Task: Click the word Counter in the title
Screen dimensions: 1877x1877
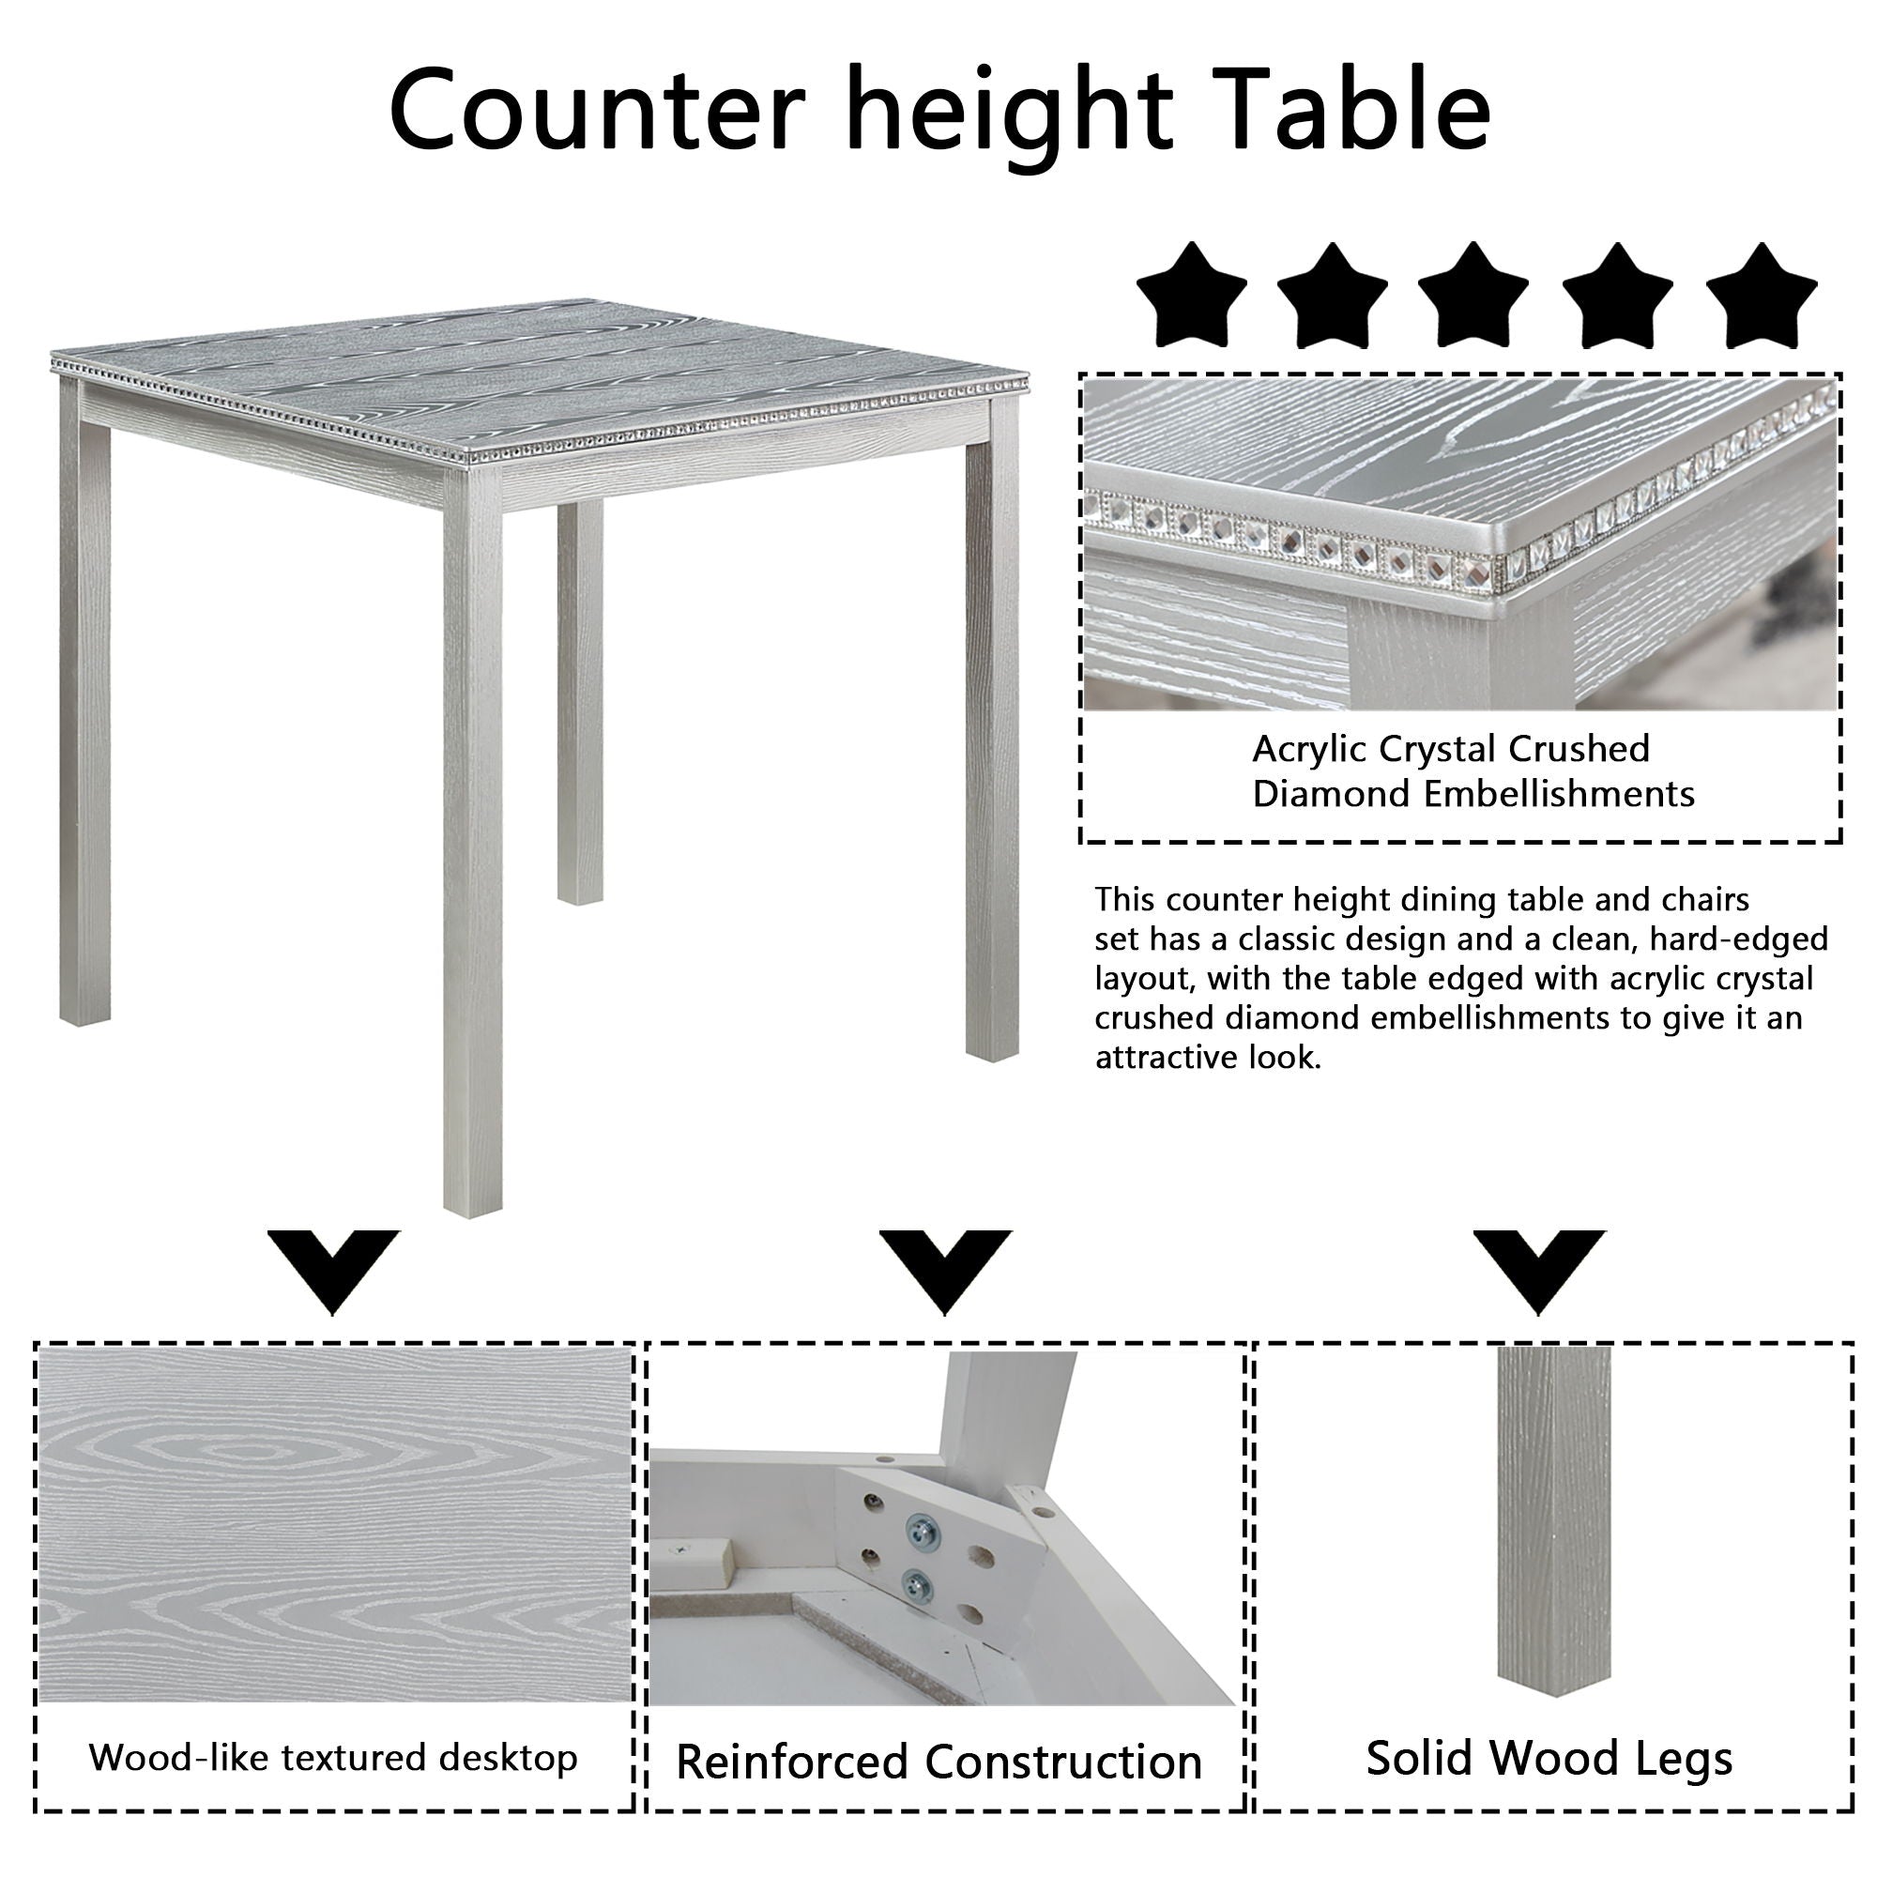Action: point(597,109)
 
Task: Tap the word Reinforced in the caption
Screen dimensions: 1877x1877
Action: point(793,1762)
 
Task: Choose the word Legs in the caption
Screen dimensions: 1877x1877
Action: point(1686,1758)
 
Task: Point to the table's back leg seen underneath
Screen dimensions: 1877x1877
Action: point(580,699)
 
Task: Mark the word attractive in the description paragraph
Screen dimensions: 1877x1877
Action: point(1147,1056)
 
